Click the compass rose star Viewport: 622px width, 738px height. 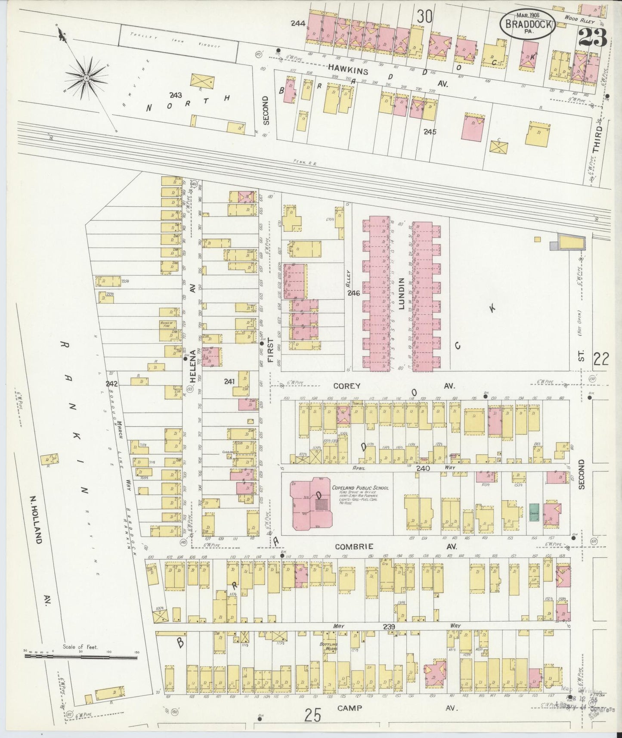86,78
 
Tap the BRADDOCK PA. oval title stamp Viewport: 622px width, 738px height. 532,26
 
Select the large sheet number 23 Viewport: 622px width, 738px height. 593,38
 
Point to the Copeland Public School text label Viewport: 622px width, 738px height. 360,488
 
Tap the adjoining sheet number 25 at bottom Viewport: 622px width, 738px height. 313,716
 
